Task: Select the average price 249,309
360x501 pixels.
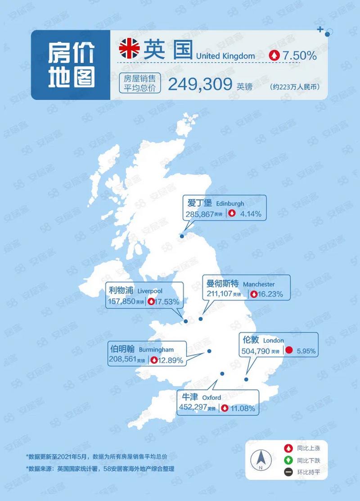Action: pos(200,84)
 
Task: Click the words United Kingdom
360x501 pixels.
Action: pos(225,56)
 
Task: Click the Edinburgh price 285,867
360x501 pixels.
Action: pos(199,214)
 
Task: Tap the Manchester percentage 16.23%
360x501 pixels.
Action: pos(276,294)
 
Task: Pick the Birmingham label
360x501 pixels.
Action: pos(156,349)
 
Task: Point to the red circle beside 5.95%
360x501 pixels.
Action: pos(290,350)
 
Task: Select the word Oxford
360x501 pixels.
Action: pos(211,398)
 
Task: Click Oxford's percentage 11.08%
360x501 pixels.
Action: pos(243,409)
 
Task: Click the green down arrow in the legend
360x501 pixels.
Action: pos(286,460)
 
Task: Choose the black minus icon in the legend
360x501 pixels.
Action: pos(286,472)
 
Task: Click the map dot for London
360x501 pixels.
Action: pos(246,379)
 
